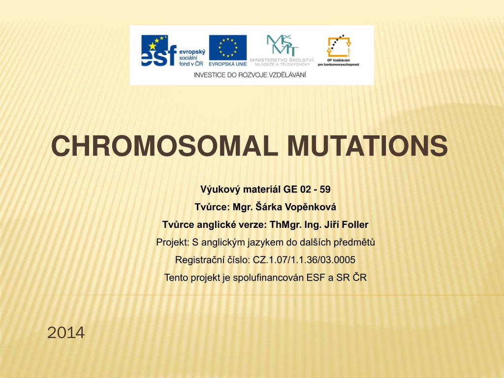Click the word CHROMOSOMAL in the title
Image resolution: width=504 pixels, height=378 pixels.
pos(164,146)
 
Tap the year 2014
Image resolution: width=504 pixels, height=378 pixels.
pos(66,332)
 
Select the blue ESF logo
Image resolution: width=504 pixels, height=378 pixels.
pos(159,51)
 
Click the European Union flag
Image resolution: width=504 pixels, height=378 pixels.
pos(227,48)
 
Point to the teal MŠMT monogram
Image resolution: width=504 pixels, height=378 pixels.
pos(282,45)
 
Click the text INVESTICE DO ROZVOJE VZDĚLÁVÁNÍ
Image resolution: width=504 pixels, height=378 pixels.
pos(250,75)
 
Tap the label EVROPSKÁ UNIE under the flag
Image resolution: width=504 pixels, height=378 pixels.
pos(227,64)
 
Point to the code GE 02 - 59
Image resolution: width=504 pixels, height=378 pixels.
pos(307,189)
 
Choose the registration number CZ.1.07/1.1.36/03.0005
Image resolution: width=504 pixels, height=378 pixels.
pos(304,260)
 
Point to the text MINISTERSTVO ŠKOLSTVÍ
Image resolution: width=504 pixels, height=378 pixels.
pos(282,60)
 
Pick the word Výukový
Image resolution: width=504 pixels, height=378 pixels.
pos(220,189)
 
